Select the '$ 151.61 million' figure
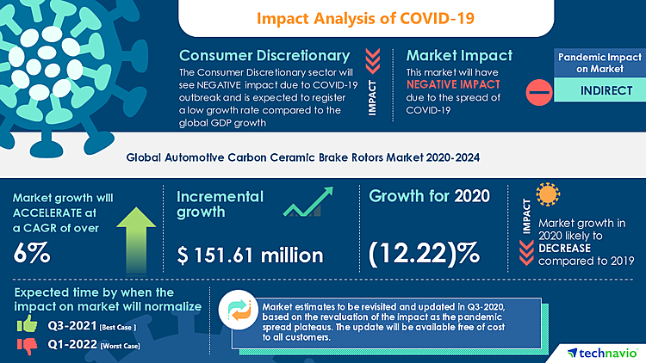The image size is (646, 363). pos(250,255)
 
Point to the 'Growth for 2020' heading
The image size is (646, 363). pos(429,196)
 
